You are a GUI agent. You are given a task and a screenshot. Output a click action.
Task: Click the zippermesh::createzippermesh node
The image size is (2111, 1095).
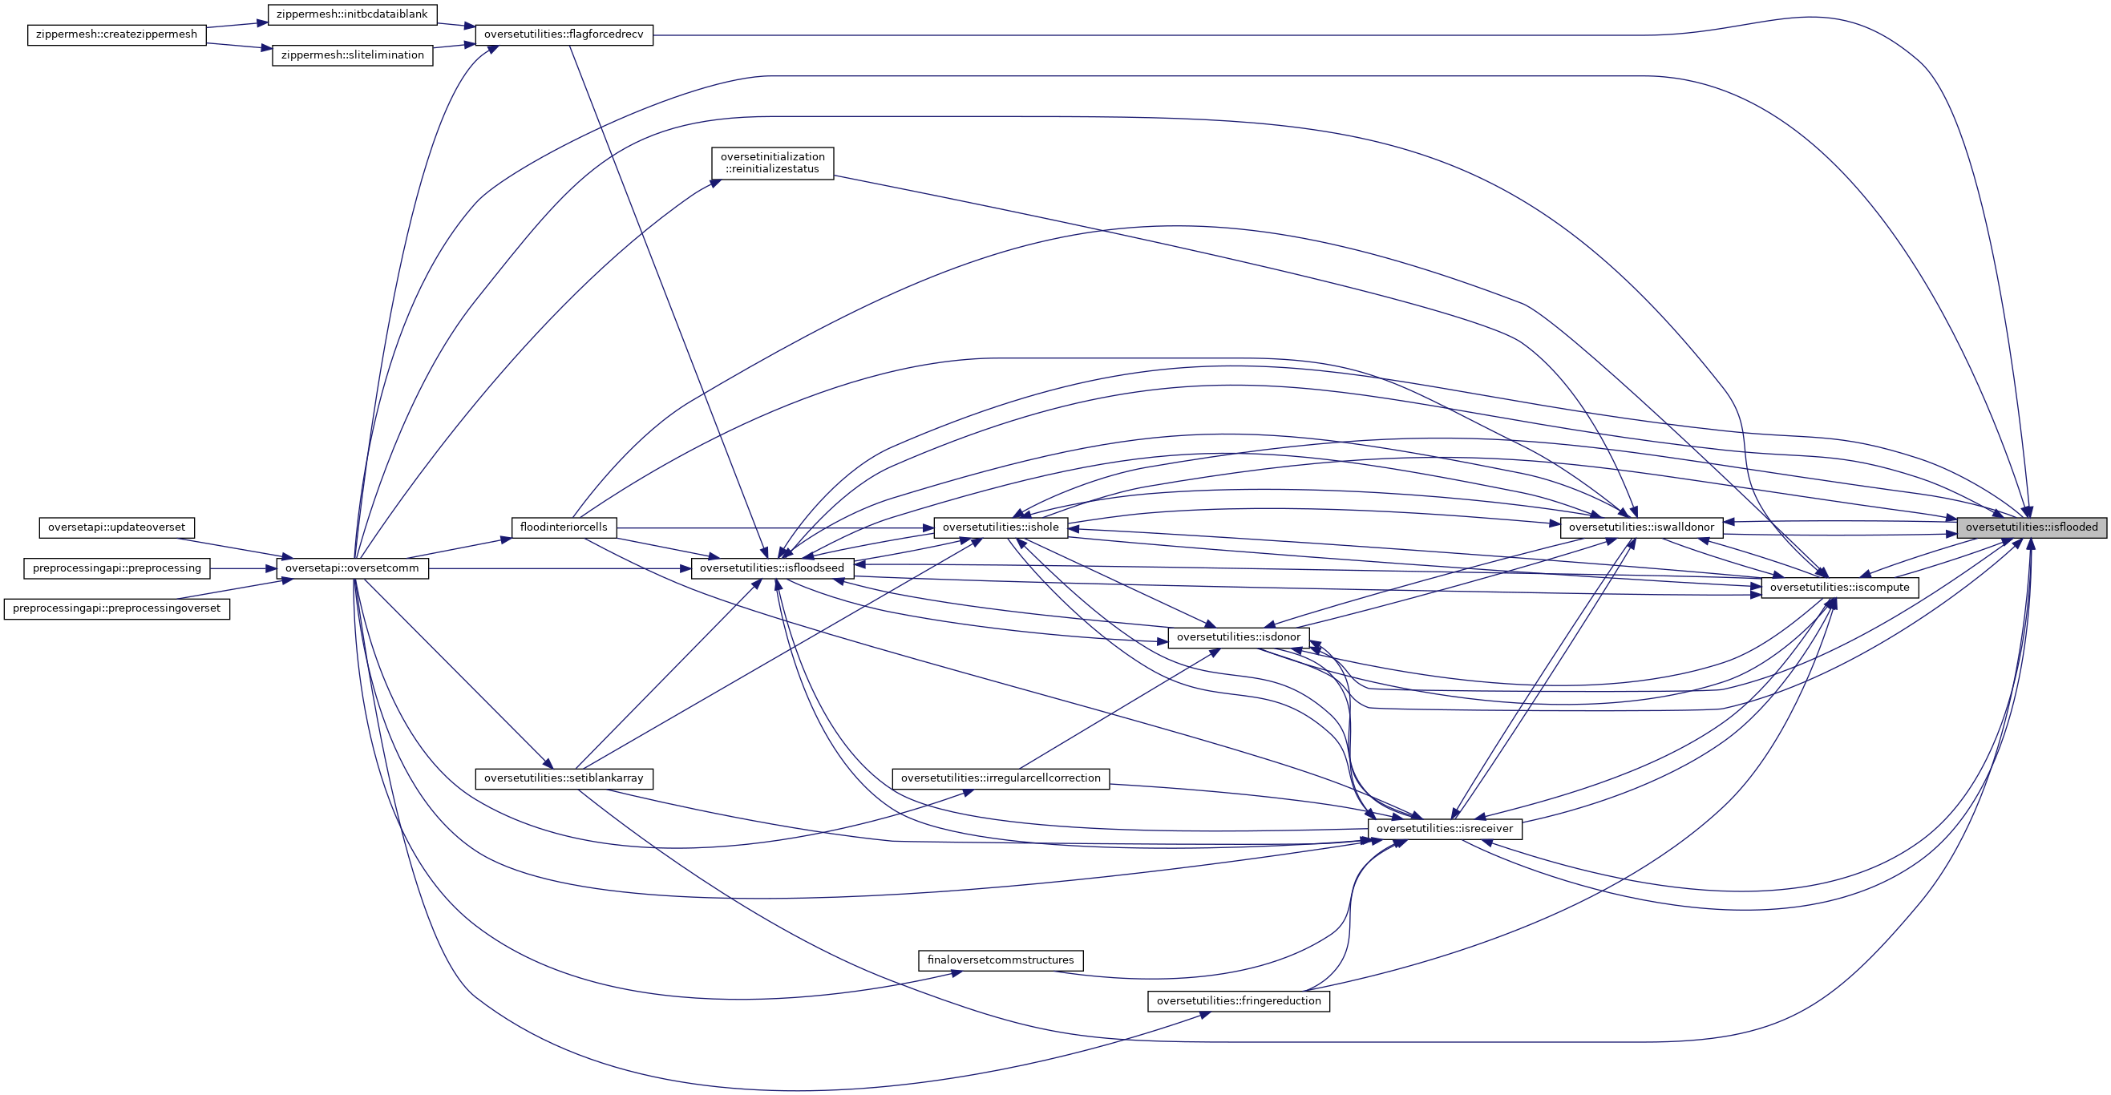point(116,35)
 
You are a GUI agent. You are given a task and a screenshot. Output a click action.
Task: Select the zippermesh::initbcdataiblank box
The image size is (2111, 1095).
point(353,14)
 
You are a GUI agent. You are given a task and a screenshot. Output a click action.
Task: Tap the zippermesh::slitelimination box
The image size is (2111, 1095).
point(353,56)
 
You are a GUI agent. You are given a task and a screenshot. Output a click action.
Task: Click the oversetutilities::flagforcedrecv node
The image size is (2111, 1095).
point(564,35)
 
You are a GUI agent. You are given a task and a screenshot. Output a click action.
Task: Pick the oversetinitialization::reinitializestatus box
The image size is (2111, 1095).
point(773,163)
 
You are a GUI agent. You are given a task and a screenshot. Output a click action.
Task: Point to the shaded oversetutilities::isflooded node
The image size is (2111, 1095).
point(2032,527)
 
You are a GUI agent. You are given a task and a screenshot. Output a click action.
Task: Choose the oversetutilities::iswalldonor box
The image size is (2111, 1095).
point(1641,527)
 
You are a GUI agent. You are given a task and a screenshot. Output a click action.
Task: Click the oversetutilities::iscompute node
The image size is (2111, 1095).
point(1840,588)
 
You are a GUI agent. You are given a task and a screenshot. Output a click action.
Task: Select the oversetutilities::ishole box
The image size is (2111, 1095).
point(1001,527)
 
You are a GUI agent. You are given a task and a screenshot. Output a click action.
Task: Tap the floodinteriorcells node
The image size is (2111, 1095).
point(564,527)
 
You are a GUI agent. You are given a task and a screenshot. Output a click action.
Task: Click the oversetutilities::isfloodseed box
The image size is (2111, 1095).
point(773,568)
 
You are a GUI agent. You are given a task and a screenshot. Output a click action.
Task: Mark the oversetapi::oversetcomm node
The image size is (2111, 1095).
point(353,568)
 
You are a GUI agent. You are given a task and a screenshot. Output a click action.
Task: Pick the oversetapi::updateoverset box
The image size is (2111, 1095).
point(116,527)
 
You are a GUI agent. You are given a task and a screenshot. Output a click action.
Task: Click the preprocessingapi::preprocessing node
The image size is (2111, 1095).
point(116,568)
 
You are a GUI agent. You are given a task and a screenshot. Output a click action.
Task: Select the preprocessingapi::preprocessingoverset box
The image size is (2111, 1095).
point(116,609)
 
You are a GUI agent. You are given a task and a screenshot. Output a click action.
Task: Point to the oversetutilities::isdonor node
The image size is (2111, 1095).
point(1238,637)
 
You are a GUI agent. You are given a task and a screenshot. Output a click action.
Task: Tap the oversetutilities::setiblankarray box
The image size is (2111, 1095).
point(564,778)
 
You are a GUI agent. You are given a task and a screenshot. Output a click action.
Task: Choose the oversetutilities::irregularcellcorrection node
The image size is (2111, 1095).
point(1001,778)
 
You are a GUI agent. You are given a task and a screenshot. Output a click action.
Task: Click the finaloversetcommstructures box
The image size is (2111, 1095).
point(1001,960)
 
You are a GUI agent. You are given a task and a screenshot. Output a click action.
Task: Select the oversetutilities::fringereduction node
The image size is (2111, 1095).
point(1238,1001)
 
